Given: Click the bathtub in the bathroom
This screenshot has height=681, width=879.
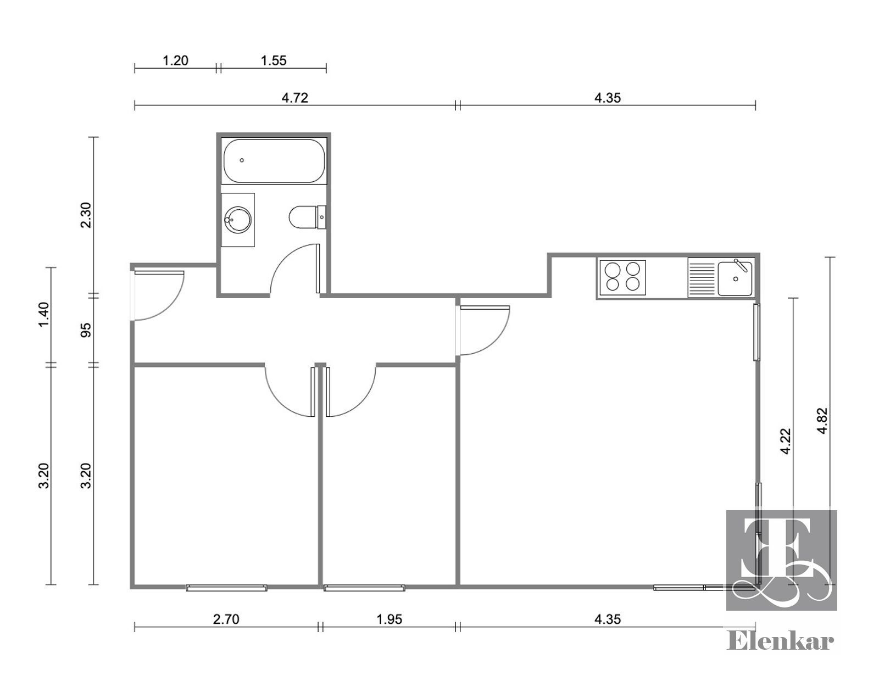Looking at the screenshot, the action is tap(274, 160).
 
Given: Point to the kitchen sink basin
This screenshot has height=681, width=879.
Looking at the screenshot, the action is tap(735, 278).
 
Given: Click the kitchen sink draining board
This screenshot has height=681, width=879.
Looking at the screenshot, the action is tap(702, 278).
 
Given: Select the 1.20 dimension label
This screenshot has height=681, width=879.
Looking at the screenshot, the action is tap(175, 60).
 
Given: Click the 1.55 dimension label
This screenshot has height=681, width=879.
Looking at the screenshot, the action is tap(274, 60).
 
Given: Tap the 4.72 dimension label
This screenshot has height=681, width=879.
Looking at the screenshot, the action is tap(295, 98).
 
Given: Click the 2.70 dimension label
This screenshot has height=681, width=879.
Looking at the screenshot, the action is tap(226, 619).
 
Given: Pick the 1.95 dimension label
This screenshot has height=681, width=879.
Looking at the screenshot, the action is tap(389, 619).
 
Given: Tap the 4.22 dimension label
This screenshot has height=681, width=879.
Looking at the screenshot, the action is tap(785, 441).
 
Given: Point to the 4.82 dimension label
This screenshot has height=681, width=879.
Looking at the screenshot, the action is tap(823, 421).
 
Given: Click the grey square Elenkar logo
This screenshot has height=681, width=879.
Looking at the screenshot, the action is tap(782, 561).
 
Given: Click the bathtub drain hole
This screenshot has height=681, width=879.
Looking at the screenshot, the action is tap(242, 160).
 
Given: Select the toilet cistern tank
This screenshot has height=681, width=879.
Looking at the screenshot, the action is tap(321, 217).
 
